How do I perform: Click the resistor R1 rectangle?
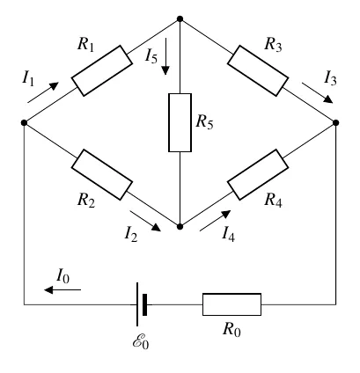(x=102, y=70)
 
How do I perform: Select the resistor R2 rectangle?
(x=102, y=175)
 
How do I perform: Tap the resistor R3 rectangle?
(x=258, y=70)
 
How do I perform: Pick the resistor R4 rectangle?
(x=258, y=175)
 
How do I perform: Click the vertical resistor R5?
(x=180, y=122)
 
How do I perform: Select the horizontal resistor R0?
(x=231, y=304)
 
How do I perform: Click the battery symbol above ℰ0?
(x=142, y=304)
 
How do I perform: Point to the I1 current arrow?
(x=43, y=92)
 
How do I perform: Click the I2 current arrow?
(x=145, y=221)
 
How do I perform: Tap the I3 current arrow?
(x=318, y=93)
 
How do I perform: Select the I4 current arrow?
(x=215, y=221)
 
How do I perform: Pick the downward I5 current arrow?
(x=165, y=56)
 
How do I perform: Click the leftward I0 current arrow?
(x=62, y=289)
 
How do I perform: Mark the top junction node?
(x=180, y=19)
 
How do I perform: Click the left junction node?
(x=24, y=122)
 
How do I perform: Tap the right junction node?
(x=336, y=122)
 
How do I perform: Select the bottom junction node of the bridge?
(x=180, y=226)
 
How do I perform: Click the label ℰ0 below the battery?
(x=141, y=342)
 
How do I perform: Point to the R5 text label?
(x=204, y=121)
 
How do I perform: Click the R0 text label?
(x=231, y=329)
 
